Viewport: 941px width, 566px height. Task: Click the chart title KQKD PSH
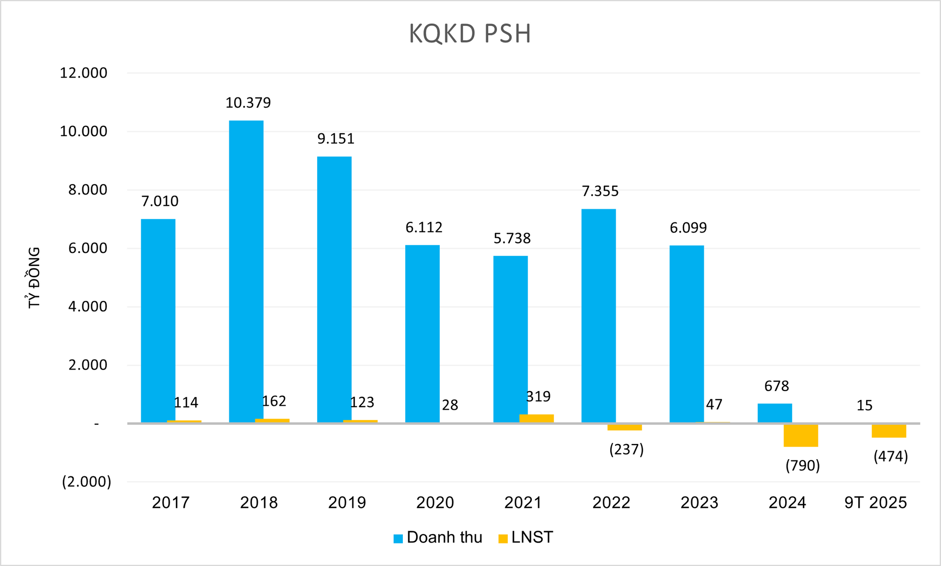[x=470, y=34]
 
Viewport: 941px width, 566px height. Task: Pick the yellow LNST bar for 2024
[x=801, y=435]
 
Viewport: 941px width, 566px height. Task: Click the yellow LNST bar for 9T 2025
[x=889, y=430]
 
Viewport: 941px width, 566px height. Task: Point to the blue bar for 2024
[x=774, y=413]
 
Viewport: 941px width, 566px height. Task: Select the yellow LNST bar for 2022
[x=624, y=427]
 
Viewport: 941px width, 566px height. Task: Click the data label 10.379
[x=248, y=103]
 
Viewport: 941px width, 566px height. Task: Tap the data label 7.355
[x=600, y=191]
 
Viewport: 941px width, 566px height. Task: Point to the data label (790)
[x=802, y=465]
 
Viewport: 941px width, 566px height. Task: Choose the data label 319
[x=538, y=396]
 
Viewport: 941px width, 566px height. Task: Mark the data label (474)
[x=891, y=457]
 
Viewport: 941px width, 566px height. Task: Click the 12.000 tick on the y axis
[x=83, y=73]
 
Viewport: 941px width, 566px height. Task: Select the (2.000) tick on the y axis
[x=86, y=482]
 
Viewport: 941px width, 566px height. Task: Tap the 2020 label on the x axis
[x=435, y=503]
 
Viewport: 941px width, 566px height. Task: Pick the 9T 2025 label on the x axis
[x=875, y=503]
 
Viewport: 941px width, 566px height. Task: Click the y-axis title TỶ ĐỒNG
[x=34, y=277]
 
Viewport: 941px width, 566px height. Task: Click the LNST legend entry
[x=525, y=538]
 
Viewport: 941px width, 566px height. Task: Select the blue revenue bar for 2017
[x=158, y=320]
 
